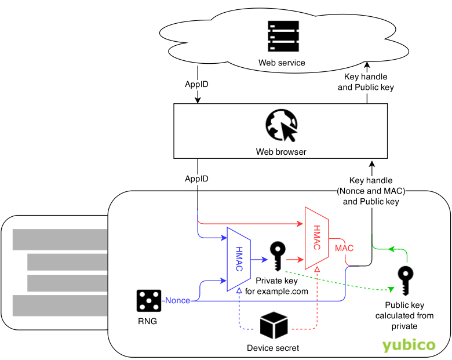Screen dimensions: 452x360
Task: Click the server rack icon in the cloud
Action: [x=283, y=36]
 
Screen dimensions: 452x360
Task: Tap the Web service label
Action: [x=282, y=63]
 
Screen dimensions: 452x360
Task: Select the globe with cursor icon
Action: [x=282, y=125]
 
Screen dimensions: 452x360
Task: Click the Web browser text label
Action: [x=281, y=152]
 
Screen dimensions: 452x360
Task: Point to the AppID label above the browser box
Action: [x=196, y=84]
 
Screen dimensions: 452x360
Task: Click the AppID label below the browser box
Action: [x=196, y=179]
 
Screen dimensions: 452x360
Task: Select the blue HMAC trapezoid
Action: [x=239, y=259]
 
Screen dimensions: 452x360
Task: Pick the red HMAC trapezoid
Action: [x=317, y=238]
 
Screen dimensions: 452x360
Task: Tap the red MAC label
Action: [x=344, y=248]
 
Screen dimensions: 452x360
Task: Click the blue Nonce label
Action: [x=177, y=300]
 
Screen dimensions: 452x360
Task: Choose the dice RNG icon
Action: [x=149, y=301]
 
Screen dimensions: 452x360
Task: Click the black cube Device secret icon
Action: [x=274, y=325]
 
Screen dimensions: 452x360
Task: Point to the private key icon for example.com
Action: [x=278, y=256]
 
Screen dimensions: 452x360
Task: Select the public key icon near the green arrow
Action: [x=405, y=281]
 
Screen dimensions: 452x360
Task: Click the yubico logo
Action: [x=409, y=345]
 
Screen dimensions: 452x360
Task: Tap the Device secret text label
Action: [x=273, y=348]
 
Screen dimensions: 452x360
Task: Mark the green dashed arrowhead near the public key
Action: [x=391, y=289]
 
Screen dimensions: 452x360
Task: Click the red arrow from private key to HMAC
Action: [x=295, y=260]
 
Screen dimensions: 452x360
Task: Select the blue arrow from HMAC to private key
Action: [x=260, y=260]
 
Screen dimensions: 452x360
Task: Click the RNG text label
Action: [x=147, y=321]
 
